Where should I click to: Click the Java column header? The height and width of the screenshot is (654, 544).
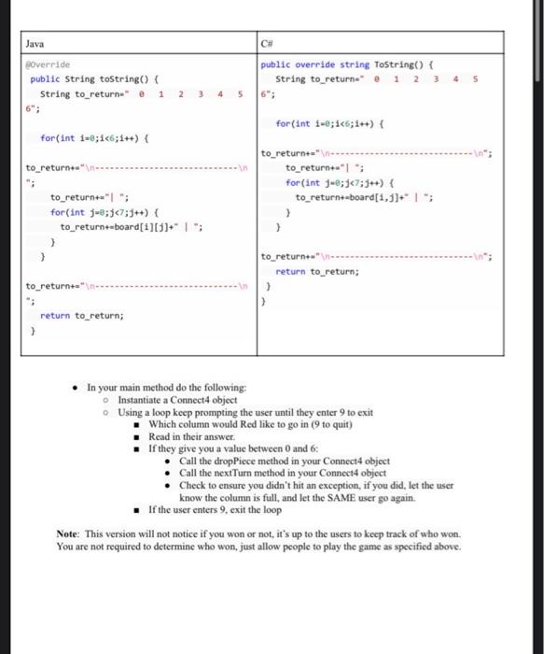pyautogui.click(x=35, y=43)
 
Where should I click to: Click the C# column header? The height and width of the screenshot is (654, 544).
pyautogui.click(x=270, y=43)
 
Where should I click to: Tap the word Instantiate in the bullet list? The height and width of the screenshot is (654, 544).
pyautogui.click(x=145, y=399)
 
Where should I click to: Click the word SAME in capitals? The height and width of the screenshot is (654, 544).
pyautogui.click(x=319, y=497)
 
